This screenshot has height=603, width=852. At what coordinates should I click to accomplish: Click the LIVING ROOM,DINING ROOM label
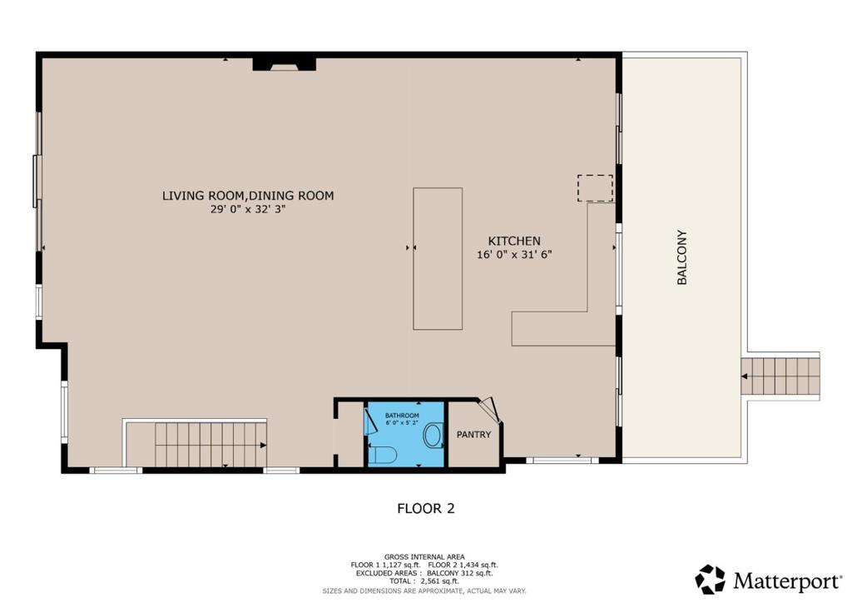(248, 196)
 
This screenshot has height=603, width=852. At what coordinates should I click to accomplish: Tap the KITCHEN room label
(514, 241)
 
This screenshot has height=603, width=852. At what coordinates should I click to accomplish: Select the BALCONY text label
(682, 257)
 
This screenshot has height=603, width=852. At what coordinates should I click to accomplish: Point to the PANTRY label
(473, 435)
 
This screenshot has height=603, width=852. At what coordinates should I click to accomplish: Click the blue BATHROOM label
(402, 416)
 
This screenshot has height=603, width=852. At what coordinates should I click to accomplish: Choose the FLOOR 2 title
(425, 508)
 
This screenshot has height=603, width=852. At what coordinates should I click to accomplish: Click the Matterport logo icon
(710, 579)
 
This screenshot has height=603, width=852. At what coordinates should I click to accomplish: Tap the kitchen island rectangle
(438, 259)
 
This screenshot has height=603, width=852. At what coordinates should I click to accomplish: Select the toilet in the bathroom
(383, 455)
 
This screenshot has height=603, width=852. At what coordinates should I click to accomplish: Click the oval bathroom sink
(433, 435)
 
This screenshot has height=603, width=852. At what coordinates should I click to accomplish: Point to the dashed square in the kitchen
(595, 188)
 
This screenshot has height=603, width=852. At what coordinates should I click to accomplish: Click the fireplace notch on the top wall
(285, 65)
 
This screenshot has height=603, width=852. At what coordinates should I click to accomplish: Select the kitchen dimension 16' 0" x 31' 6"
(514, 255)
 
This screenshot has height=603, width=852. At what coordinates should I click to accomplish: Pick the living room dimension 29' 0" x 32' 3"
(248, 209)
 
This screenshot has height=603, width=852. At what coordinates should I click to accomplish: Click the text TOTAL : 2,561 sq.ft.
(424, 581)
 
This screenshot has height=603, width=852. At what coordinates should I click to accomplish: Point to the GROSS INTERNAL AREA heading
(424, 557)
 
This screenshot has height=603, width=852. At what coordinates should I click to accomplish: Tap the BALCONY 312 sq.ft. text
(459, 573)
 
